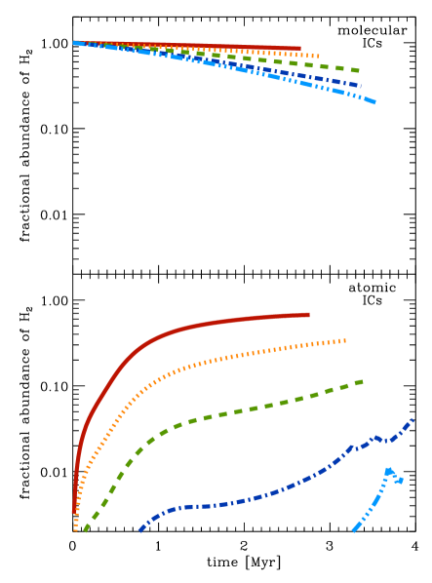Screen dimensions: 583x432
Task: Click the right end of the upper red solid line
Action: pos(299,48)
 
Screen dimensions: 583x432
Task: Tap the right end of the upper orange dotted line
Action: pos(319,56)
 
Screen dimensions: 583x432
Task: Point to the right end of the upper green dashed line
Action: pos(359,70)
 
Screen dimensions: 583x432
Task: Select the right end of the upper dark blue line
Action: pos(361,86)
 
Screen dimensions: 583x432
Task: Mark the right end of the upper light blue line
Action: pos(374,101)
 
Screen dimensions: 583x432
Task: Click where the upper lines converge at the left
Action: pos(75,42)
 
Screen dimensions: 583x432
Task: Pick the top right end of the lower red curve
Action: pos(308,314)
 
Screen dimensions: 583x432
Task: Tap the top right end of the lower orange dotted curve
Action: pos(345,340)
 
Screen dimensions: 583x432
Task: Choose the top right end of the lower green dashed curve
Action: pos(363,381)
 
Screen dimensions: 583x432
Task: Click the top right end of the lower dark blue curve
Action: pos(413,419)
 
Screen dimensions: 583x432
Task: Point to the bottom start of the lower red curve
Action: pos(74,513)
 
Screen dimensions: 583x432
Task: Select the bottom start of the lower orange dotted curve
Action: pos(75,530)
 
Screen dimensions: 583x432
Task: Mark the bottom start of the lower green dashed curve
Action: pos(85,531)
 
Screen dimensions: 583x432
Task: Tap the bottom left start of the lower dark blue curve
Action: pos(139,531)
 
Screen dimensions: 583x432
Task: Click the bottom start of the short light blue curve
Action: pos(353,531)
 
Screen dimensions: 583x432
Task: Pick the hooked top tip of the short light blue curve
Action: pos(401,481)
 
